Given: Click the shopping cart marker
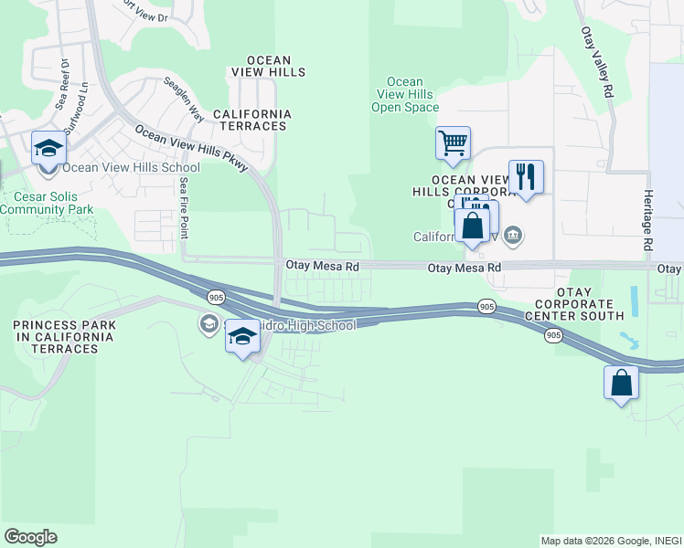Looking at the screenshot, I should click(x=453, y=142).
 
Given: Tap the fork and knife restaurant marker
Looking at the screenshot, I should click(x=526, y=175).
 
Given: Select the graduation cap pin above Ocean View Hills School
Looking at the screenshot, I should click(x=48, y=148).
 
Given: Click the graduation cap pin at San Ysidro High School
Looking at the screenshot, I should click(x=242, y=338).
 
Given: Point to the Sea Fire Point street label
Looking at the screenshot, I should click(x=184, y=206).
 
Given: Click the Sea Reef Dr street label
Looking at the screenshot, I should click(x=61, y=84).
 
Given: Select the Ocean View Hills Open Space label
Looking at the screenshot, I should click(x=405, y=95).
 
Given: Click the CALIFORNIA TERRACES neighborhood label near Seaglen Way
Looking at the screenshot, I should click(x=251, y=120).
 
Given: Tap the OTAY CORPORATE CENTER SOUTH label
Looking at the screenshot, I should click(x=573, y=303).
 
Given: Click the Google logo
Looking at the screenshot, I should click(x=31, y=537).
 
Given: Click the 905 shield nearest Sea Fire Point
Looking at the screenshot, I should click(x=216, y=298).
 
